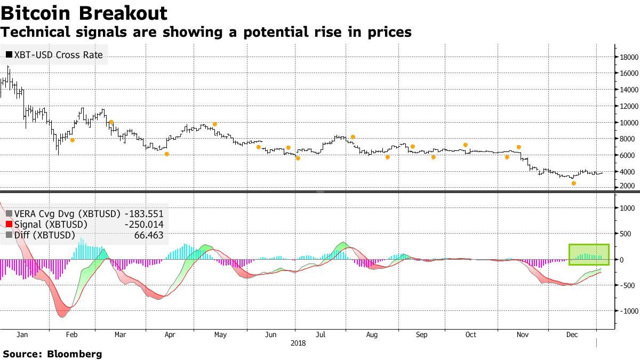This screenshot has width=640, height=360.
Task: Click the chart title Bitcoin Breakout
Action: point(85,13)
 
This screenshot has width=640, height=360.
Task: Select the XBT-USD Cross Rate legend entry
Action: point(54,54)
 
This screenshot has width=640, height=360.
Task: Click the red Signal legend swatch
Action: point(9,225)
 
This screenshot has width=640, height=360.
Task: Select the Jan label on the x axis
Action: point(22,335)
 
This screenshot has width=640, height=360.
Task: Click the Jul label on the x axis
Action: point(321,335)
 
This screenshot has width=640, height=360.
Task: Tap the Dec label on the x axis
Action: point(571,335)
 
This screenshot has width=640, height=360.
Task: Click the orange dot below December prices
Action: point(574,183)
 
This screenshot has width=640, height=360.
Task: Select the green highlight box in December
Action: point(589,254)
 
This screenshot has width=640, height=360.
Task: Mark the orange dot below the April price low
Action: point(166,154)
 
